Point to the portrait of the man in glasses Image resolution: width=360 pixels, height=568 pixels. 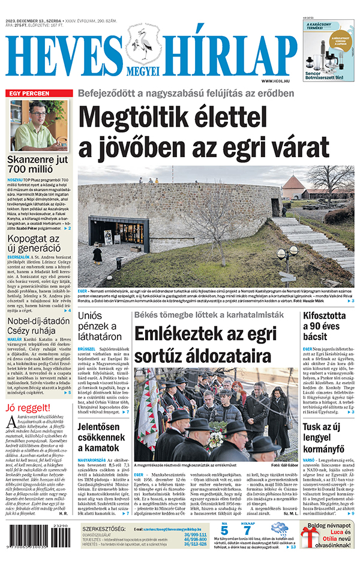pyautogui.click(x=39, y=125)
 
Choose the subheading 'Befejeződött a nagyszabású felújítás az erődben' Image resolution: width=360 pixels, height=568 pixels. pyautogui.click(x=185, y=94)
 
